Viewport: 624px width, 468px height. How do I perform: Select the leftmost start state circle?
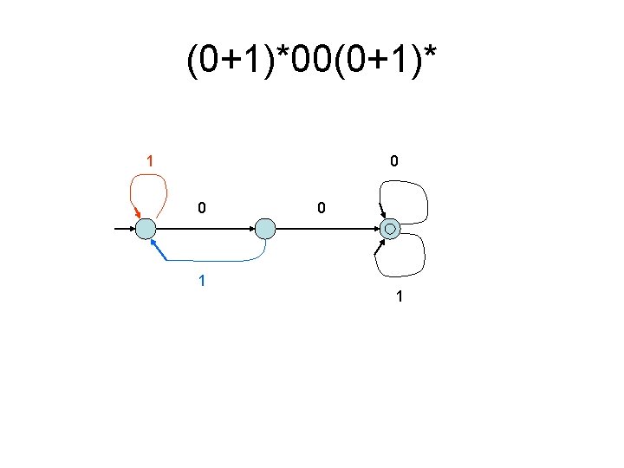point(146,229)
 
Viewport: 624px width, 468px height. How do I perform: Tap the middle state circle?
point(265,229)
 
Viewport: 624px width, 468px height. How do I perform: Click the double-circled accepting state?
point(390,229)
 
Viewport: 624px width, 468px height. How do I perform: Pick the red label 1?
point(150,161)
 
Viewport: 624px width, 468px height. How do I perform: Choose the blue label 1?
point(201,282)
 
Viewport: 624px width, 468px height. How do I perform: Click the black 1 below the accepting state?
point(399,297)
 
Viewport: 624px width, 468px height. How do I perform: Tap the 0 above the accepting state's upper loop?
point(394,161)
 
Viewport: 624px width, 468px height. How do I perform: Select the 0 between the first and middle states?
point(201,208)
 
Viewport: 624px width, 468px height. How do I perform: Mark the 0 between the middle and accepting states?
point(321,208)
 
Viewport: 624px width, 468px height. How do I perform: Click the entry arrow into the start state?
point(125,229)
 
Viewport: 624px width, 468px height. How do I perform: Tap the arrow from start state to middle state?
point(205,229)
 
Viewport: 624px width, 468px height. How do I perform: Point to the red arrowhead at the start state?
point(136,215)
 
